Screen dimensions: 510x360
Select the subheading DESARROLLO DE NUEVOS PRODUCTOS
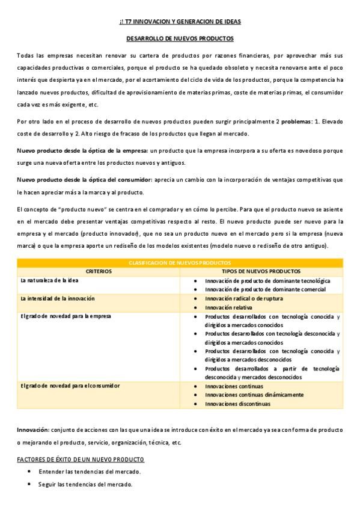(x=180, y=38)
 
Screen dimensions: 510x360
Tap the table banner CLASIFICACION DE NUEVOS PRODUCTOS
(x=180, y=263)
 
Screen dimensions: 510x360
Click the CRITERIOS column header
(x=99, y=271)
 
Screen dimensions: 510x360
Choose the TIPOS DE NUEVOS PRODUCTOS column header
(x=261, y=271)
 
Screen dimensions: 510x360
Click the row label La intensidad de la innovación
(x=57, y=298)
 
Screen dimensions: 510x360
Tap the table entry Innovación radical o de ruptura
(x=241, y=298)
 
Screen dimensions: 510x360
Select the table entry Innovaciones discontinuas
(x=237, y=404)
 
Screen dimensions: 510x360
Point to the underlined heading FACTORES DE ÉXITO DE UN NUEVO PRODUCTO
(x=81, y=459)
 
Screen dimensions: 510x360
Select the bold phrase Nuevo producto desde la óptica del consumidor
(x=84, y=179)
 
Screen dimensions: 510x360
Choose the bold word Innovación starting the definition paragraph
(x=32, y=430)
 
